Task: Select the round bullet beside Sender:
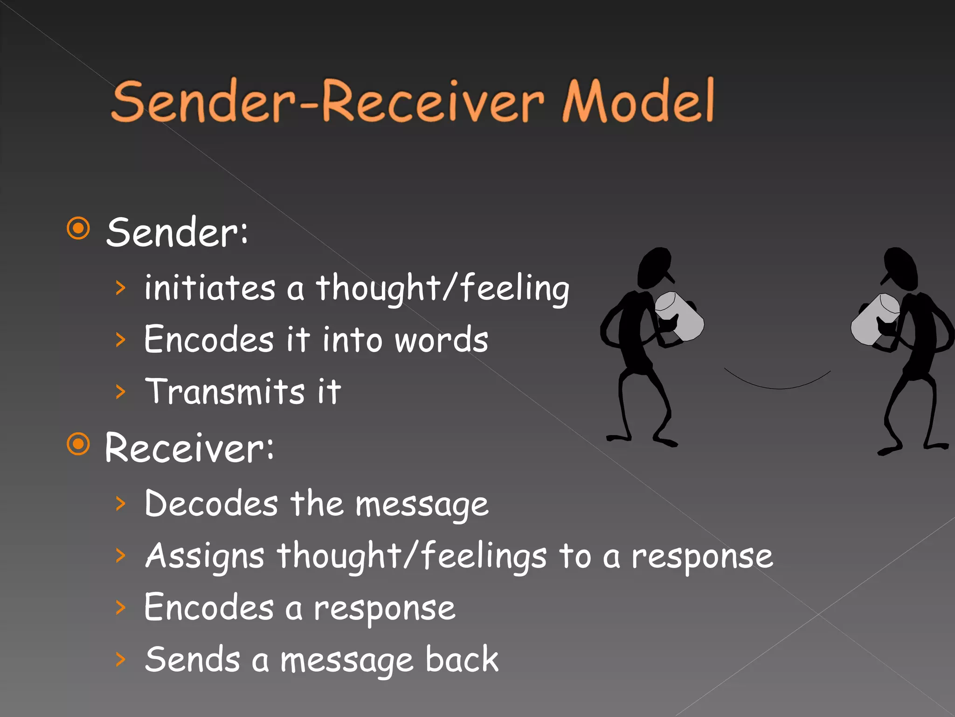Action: [78, 228]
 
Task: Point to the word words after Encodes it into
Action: [441, 340]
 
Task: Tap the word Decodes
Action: [211, 504]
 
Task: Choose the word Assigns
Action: [205, 556]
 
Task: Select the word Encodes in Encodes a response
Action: [209, 608]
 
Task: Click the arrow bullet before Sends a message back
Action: [121, 659]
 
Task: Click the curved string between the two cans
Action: [777, 387]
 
